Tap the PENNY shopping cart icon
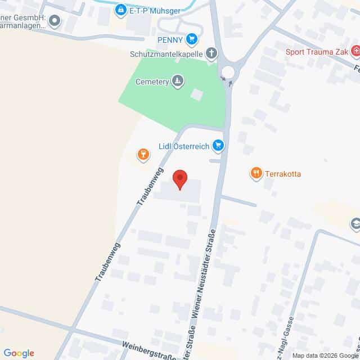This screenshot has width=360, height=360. click(x=192, y=39)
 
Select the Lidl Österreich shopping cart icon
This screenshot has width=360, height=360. click(x=218, y=146)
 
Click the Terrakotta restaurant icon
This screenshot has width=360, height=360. click(x=256, y=173)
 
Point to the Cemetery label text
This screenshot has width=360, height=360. click(x=152, y=82)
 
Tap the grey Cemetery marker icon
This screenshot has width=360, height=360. click(x=178, y=82)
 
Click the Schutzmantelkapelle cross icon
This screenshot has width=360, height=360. click(x=211, y=53)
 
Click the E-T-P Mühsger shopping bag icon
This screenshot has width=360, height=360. click(x=120, y=10)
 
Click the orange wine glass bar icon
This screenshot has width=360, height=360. click(x=143, y=154)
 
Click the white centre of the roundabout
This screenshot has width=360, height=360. click(x=228, y=71)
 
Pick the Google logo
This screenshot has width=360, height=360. click(x=19, y=353)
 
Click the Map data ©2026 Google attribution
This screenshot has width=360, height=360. click(x=325, y=355)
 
